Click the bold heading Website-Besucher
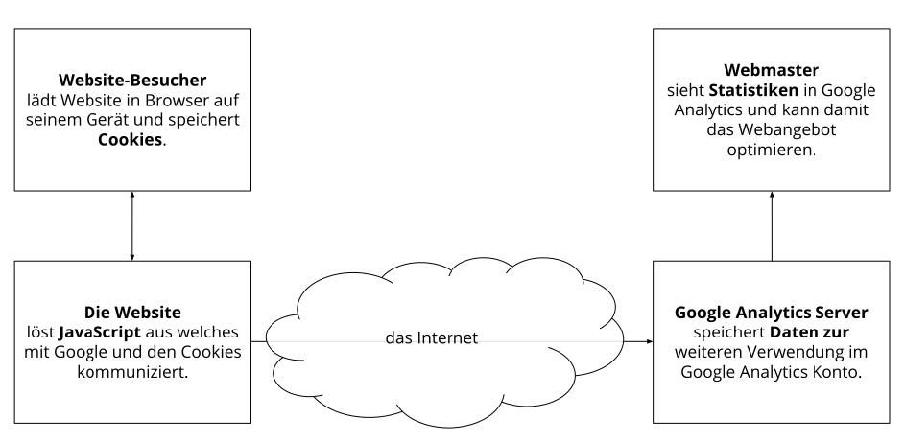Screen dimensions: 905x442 coord(132,80)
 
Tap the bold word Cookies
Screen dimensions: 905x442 coord(130,140)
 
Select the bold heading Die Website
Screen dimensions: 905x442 coord(132,313)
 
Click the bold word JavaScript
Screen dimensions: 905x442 coord(99,333)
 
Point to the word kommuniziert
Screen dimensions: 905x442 coord(132,372)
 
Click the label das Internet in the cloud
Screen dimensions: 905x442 coord(431,337)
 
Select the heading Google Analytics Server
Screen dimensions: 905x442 coord(771,313)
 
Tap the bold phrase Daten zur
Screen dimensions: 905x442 coord(809,333)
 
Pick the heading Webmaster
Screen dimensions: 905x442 coord(771,70)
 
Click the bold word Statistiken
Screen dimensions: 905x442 coord(753,90)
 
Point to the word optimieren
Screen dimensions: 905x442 coord(771,151)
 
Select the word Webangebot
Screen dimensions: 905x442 coord(787,130)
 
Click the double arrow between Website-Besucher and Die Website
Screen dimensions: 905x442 coord(132,226)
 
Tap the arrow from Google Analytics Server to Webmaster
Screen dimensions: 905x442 coord(772,226)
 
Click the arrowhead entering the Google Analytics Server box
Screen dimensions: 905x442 coord(650,341)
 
